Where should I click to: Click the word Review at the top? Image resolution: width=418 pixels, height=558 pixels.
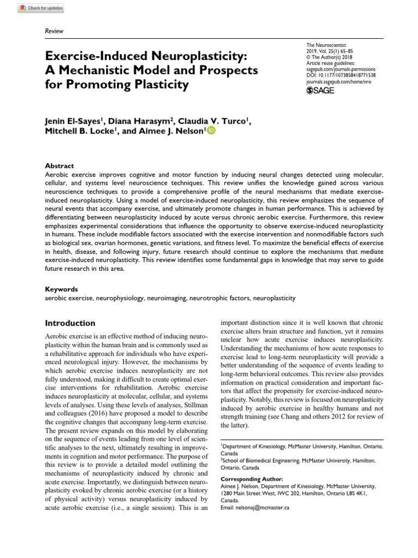coord(53,31)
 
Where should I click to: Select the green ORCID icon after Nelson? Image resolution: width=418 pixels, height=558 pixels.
coord(211,130)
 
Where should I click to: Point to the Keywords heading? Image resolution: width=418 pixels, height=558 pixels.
coord(60,289)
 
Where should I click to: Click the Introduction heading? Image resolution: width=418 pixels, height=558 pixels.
coord(70,323)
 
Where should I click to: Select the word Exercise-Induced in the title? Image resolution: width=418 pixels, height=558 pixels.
coord(95,56)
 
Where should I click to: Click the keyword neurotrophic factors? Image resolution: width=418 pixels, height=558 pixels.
coord(220,299)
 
